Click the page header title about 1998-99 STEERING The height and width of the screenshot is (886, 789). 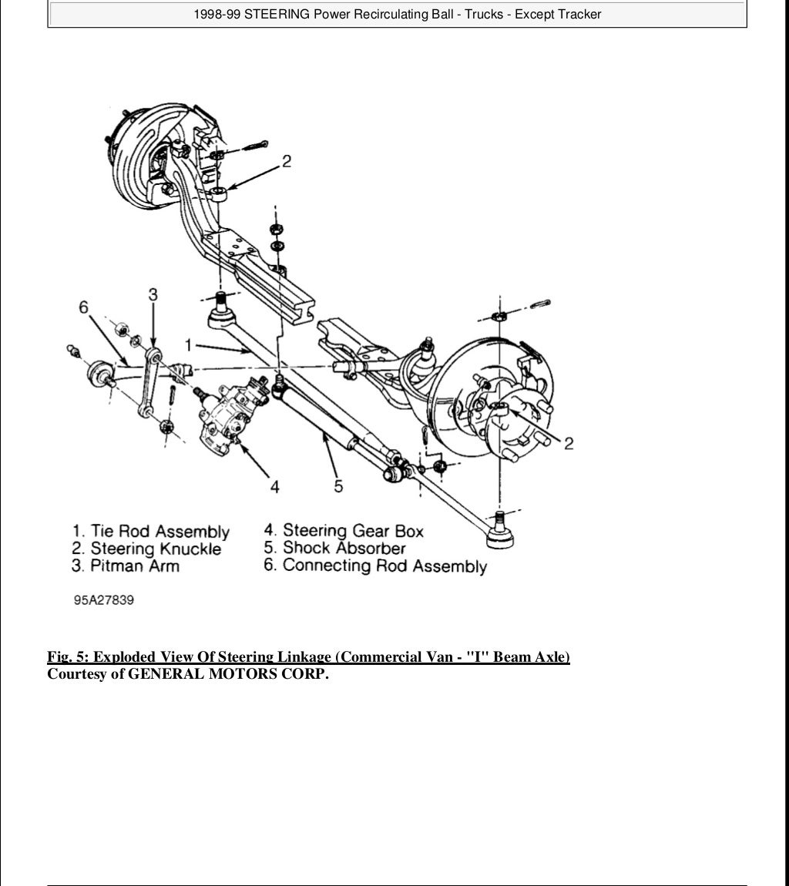pyautogui.click(x=397, y=14)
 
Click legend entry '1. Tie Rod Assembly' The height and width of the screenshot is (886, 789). pyautogui.click(x=151, y=531)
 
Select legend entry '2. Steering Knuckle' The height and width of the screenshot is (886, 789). pyautogui.click(x=146, y=549)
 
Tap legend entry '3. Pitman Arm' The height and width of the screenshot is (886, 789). pyautogui.click(x=126, y=566)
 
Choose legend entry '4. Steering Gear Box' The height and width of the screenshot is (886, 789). pyautogui.click(x=344, y=530)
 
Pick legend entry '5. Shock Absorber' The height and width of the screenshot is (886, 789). pyautogui.click(x=334, y=548)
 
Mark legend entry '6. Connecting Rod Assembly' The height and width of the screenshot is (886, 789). pyautogui.click(x=375, y=566)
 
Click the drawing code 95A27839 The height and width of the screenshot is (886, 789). pyautogui.click(x=104, y=600)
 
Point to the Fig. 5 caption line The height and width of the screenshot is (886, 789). pyautogui.click(x=308, y=657)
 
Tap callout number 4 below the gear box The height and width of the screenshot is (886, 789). pyautogui.click(x=274, y=486)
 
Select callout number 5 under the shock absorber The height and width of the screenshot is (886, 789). pyautogui.click(x=337, y=486)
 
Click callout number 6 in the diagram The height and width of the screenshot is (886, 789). pyautogui.click(x=83, y=307)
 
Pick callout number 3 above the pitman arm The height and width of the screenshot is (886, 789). pyautogui.click(x=153, y=294)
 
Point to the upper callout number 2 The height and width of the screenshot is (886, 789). pyautogui.click(x=286, y=161)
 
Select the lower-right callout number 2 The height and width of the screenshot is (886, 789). pyautogui.click(x=568, y=443)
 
